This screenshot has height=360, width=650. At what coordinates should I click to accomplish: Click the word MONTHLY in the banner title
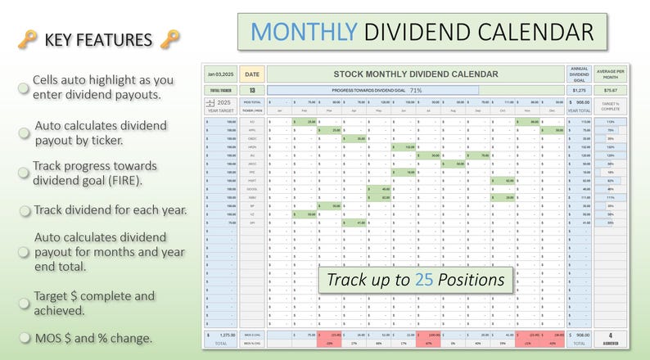coord(303,32)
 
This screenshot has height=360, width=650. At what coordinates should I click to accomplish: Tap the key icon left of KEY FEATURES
coord(27,39)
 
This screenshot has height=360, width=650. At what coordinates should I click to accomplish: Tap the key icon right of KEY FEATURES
coord(169,39)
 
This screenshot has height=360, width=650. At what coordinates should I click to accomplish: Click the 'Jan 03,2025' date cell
coord(220,74)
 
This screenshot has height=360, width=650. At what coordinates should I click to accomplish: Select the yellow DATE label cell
coord(252,74)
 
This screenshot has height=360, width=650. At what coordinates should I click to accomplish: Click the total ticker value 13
coord(252,90)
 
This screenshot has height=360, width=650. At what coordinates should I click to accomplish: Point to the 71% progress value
coord(416,90)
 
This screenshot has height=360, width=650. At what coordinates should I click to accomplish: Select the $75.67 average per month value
coord(610,90)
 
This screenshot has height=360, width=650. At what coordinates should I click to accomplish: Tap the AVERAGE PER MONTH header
coord(610,74)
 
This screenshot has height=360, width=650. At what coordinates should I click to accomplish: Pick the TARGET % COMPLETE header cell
coord(610,106)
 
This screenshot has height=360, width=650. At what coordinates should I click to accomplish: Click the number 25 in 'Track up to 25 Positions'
coord(423,280)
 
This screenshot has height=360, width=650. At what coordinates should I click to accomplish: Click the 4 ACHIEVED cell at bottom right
coord(610,337)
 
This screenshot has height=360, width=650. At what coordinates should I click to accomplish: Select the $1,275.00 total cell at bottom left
coord(220,335)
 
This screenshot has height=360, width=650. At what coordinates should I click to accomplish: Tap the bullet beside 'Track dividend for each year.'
coord(25,210)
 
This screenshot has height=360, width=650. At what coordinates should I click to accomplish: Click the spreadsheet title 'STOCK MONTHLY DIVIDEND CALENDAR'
coord(416,74)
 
